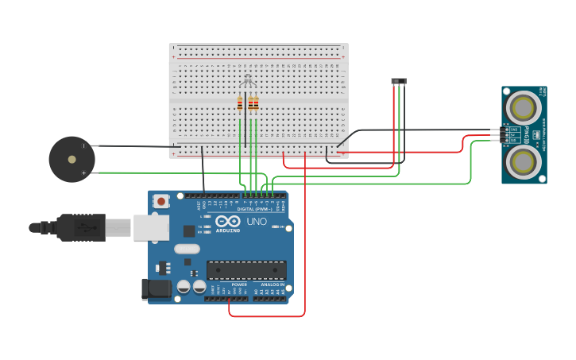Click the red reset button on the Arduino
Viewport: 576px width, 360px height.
(x=161, y=201)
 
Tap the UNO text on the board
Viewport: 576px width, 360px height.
(x=257, y=222)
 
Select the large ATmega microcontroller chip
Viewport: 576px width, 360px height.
(x=246, y=270)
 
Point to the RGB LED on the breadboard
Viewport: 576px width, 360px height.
(x=248, y=79)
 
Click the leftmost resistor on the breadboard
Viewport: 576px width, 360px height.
(x=240, y=103)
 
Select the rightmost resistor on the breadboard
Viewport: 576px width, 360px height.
(x=256, y=103)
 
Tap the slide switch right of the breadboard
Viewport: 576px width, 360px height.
(x=399, y=81)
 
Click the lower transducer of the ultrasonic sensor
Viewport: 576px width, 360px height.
(x=524, y=161)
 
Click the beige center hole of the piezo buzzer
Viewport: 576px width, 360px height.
(x=72, y=159)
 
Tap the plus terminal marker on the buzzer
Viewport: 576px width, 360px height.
(x=83, y=172)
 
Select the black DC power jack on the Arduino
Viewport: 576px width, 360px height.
(x=157, y=288)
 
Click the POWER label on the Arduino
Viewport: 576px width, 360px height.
(x=239, y=285)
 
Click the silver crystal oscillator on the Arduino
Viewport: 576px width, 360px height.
(x=187, y=249)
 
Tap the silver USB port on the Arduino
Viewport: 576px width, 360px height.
(x=151, y=227)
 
